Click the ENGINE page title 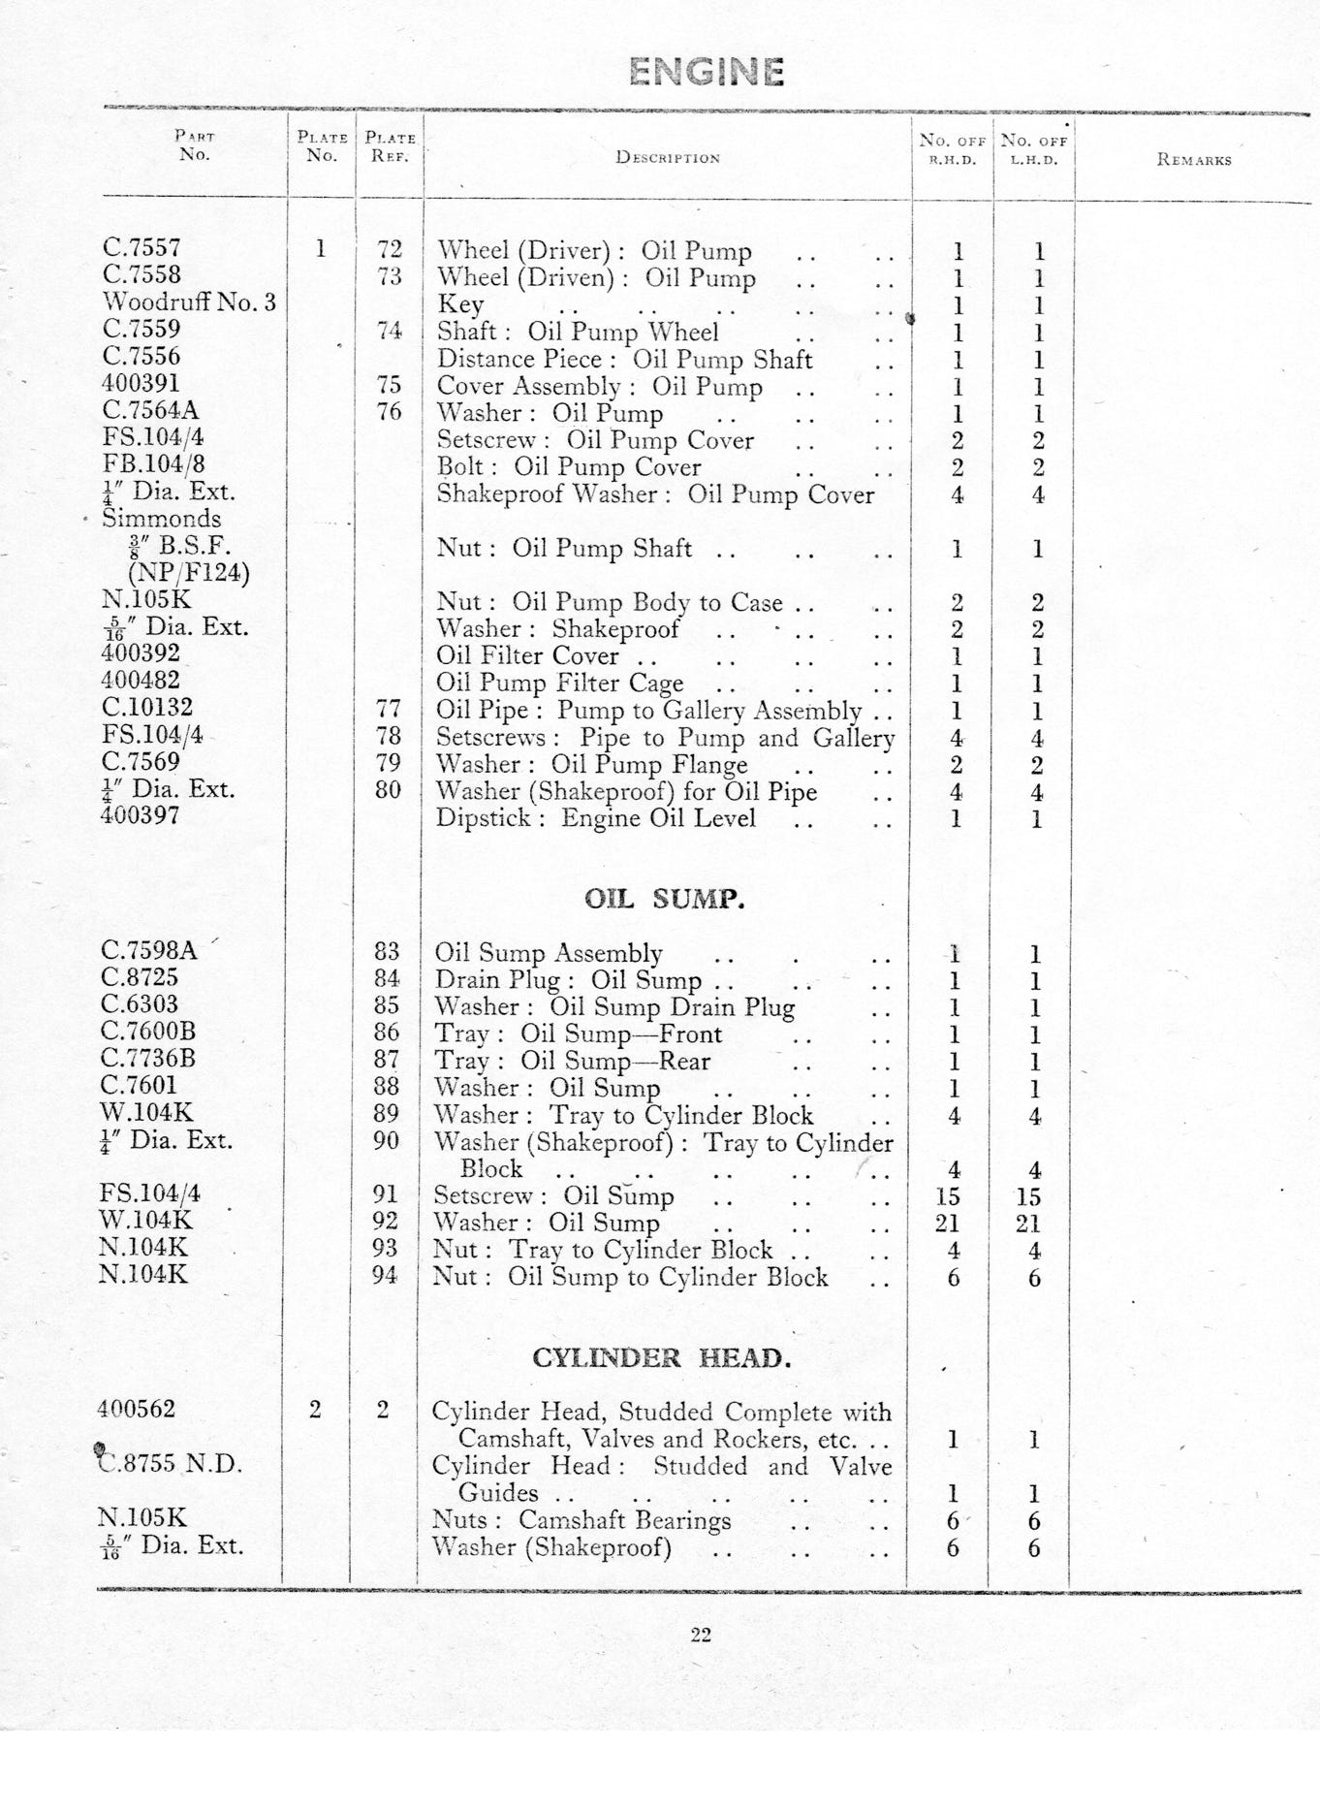tap(706, 72)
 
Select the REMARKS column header tap(1193, 160)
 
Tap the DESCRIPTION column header tap(668, 158)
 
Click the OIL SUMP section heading tap(665, 899)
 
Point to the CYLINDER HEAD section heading tap(661, 1357)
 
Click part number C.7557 tap(141, 248)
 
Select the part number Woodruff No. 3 tap(189, 302)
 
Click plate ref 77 tap(389, 709)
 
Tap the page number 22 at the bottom tap(701, 1635)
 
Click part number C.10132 tap(147, 708)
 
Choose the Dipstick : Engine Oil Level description tap(595, 817)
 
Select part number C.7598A tap(148, 950)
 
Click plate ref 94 tap(385, 1275)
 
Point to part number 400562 tap(137, 1409)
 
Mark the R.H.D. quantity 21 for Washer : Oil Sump tap(948, 1223)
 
